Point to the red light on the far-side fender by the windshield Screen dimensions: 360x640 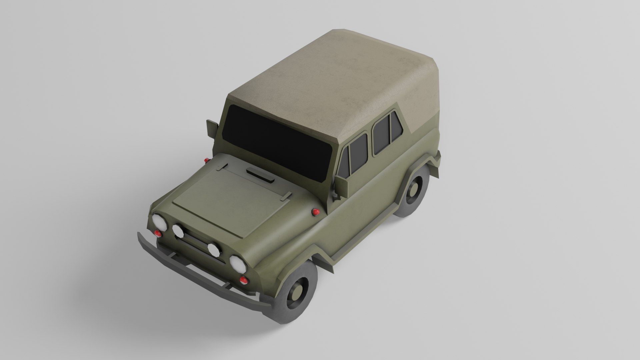(207, 161)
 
